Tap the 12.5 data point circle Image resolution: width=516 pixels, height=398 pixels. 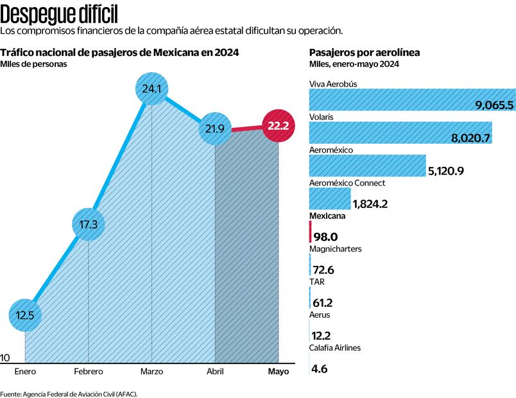pos(26,315)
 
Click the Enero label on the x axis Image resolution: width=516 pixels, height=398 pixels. pos(26,372)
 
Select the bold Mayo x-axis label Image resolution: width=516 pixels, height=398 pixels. pos(279,372)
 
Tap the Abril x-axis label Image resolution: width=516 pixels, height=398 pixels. pos(214,372)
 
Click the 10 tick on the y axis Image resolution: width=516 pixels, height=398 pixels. pos(5,358)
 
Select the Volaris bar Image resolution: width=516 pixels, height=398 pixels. pos(400,132)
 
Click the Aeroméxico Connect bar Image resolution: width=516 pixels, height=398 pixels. pos(330,198)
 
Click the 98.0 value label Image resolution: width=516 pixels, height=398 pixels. pos(325,237)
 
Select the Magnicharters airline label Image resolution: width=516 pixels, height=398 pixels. pos(335,248)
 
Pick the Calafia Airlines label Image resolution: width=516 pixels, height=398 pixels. pos(334,347)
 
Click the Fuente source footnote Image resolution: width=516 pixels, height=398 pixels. pos(69,393)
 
